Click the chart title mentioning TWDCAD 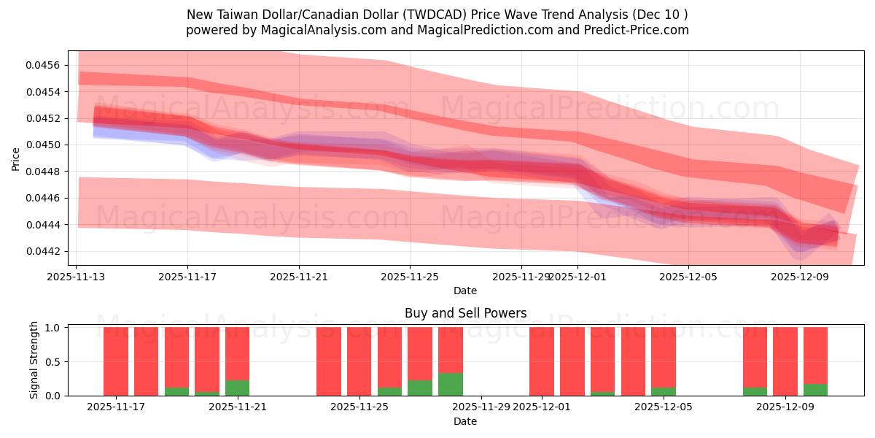(x=437, y=15)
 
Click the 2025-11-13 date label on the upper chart (x=77, y=277)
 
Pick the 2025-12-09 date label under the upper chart (x=801, y=277)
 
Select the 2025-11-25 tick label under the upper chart (x=410, y=277)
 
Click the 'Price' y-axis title (x=15, y=158)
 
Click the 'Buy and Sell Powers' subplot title (x=465, y=313)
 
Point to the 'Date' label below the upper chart (x=465, y=291)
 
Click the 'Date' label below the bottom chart (x=465, y=421)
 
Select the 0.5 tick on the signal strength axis (x=53, y=361)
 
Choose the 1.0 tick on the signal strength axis (x=53, y=328)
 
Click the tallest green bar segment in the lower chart (x=451, y=385)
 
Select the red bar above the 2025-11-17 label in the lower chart (x=116, y=361)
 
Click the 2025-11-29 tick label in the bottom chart (x=481, y=407)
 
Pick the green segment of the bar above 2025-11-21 (x=238, y=388)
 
